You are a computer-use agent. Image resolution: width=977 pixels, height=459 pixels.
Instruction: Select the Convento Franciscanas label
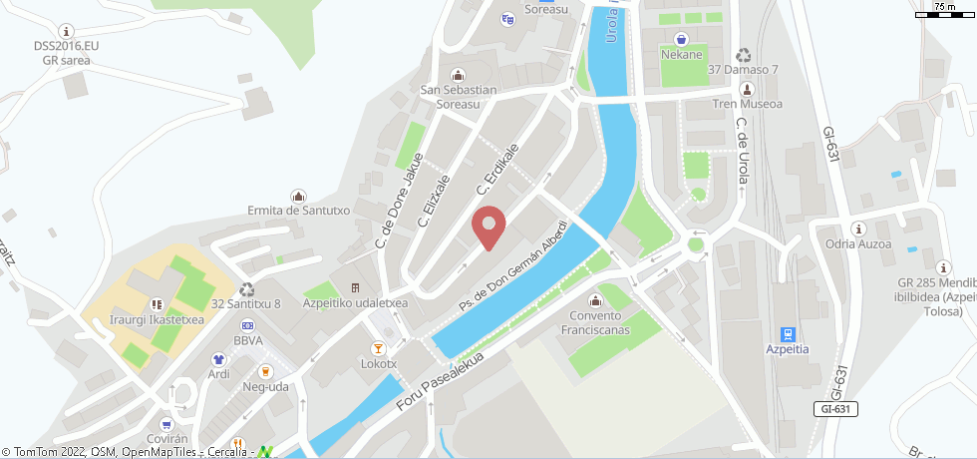pyautogui.click(x=596, y=321)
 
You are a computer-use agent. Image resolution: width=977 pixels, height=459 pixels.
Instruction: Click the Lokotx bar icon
pyautogui.click(x=378, y=348)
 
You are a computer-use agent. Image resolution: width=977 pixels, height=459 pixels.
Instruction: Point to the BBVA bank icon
pyautogui.click(x=247, y=325)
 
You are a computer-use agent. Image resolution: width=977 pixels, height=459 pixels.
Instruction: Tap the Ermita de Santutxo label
pyautogui.click(x=297, y=211)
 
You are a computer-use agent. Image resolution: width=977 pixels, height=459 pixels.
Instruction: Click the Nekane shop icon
pyautogui.click(x=681, y=39)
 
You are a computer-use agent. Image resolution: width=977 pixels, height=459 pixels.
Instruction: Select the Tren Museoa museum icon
pyautogui.click(x=748, y=89)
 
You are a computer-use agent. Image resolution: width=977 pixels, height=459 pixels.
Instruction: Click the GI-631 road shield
pyautogui.click(x=834, y=409)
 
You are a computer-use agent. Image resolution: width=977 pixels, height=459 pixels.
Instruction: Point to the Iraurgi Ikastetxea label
pyautogui.click(x=157, y=320)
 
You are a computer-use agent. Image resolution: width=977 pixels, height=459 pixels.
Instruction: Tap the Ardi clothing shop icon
pyautogui.click(x=218, y=359)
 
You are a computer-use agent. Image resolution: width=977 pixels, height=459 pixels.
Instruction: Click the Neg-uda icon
pyautogui.click(x=265, y=371)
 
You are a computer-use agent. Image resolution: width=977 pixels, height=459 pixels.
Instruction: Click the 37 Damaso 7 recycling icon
pyautogui.click(x=743, y=55)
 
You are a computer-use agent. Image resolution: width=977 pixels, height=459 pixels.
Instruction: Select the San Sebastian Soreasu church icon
pyautogui.click(x=458, y=74)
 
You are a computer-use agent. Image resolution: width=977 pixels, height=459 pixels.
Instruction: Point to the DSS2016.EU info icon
pyautogui.click(x=67, y=31)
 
